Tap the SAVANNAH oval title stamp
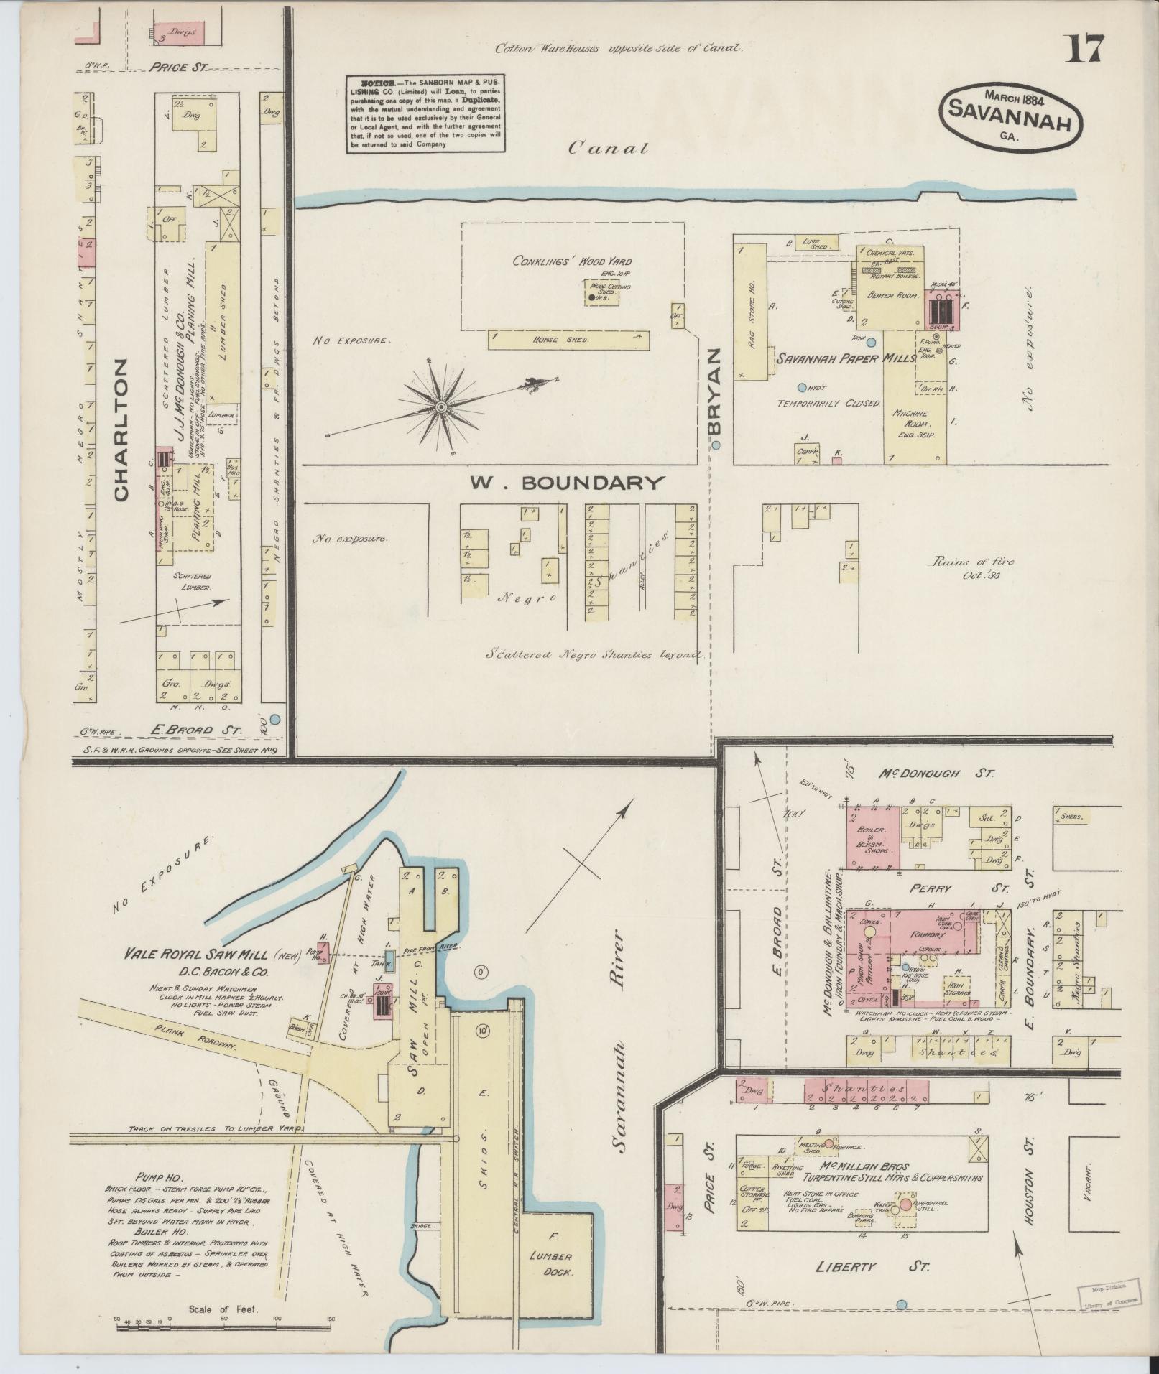[x=1011, y=115]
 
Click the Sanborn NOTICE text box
[x=425, y=113]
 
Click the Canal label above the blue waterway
[x=608, y=149]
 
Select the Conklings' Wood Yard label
[x=571, y=261]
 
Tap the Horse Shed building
[x=568, y=340]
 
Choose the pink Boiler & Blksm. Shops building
[x=873, y=837]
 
